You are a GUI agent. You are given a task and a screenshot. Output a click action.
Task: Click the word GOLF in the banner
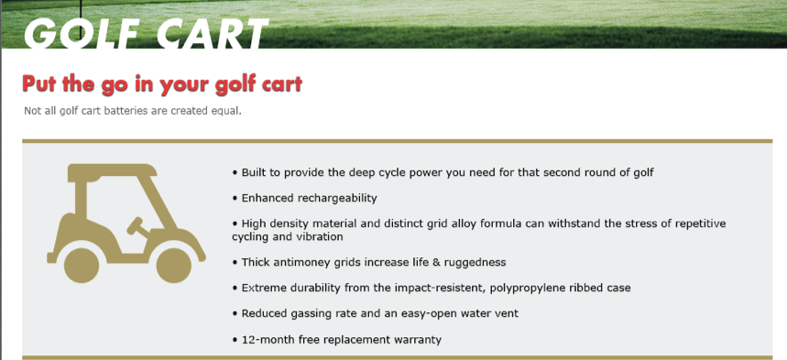(x=82, y=34)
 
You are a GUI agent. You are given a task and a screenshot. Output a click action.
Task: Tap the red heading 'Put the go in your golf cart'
(x=162, y=84)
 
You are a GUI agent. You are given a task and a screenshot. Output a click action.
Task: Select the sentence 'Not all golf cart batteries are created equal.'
(x=133, y=111)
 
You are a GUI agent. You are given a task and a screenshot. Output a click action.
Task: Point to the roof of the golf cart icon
(x=111, y=170)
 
